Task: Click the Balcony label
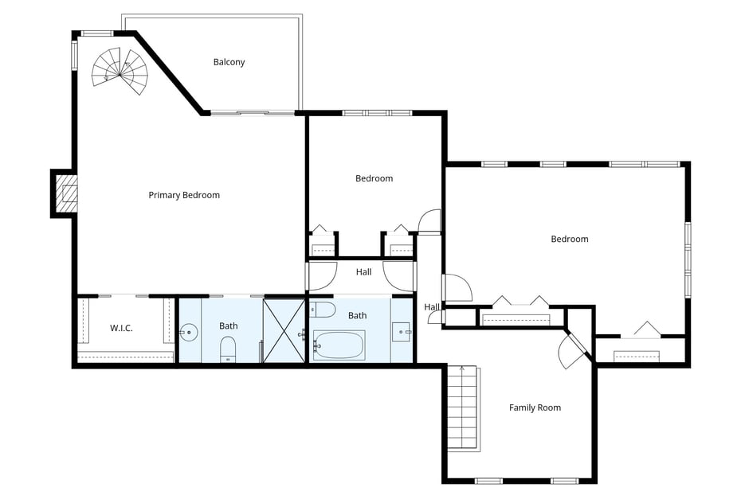[x=229, y=62]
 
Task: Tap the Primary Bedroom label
[x=184, y=195]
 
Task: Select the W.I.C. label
[x=121, y=328]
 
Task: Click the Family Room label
[x=535, y=407]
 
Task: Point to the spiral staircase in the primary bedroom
[x=120, y=71]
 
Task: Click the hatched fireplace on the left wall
[x=67, y=193]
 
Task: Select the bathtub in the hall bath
[x=339, y=345]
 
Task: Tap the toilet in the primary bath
[x=228, y=349]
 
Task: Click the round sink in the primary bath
[x=189, y=333]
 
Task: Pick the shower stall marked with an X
[x=284, y=330]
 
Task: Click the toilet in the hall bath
[x=323, y=310]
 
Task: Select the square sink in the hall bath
[x=402, y=332]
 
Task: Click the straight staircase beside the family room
[x=463, y=408]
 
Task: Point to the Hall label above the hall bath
[x=364, y=272]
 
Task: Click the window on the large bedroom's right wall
[x=688, y=259]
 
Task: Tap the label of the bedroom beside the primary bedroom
[x=374, y=178]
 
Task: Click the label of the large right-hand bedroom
[x=570, y=239]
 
